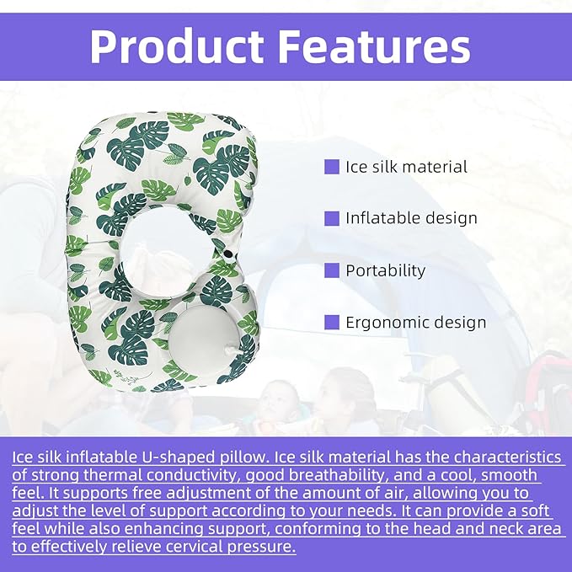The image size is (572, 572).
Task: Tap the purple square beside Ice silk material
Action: click(x=332, y=167)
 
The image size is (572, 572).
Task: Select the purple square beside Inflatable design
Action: click(x=332, y=218)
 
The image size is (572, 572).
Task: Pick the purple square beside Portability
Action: click(x=332, y=271)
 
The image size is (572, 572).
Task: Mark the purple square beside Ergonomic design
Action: click(x=332, y=323)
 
